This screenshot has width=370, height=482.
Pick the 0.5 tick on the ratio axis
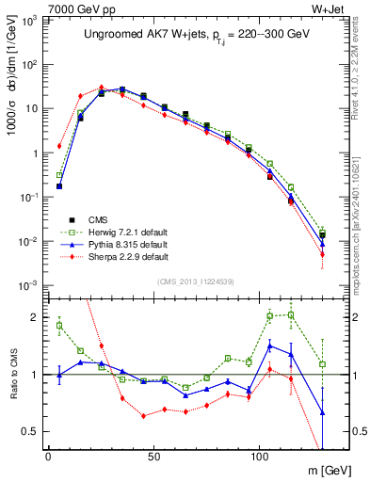pyautogui.click(x=29, y=431)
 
